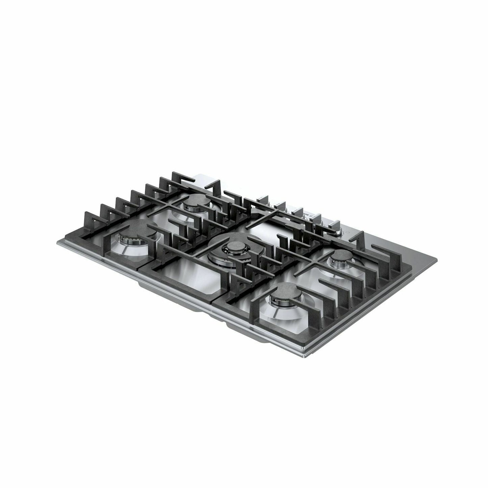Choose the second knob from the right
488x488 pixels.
pyautogui.click(x=319, y=223)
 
